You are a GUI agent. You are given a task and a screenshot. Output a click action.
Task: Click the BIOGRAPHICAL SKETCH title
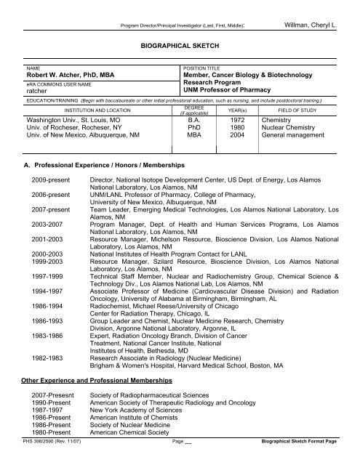click(180, 44)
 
